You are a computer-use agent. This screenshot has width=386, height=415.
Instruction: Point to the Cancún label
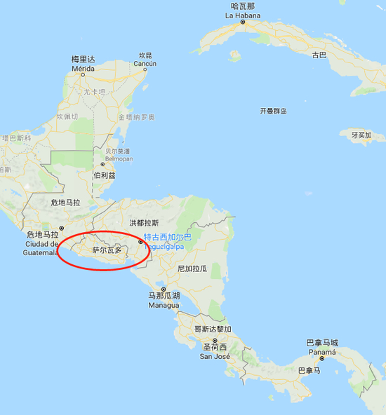145,63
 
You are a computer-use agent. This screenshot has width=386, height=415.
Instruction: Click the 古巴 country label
319,55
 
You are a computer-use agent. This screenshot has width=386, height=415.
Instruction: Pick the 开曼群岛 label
273,111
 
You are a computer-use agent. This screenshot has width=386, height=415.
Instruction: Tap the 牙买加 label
361,135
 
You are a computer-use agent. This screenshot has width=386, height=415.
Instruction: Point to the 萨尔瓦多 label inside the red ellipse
107,250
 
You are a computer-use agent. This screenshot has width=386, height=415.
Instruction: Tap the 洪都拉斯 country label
144,223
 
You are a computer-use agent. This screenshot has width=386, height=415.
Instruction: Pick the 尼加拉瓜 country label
192,268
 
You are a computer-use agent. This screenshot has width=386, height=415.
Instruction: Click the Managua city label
164,305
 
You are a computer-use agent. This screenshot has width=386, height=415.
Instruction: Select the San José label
215,356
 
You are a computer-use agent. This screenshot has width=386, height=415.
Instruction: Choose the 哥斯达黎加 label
213,329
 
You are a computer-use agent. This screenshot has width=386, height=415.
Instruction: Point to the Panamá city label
321,352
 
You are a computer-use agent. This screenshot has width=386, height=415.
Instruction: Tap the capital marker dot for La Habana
243,22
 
